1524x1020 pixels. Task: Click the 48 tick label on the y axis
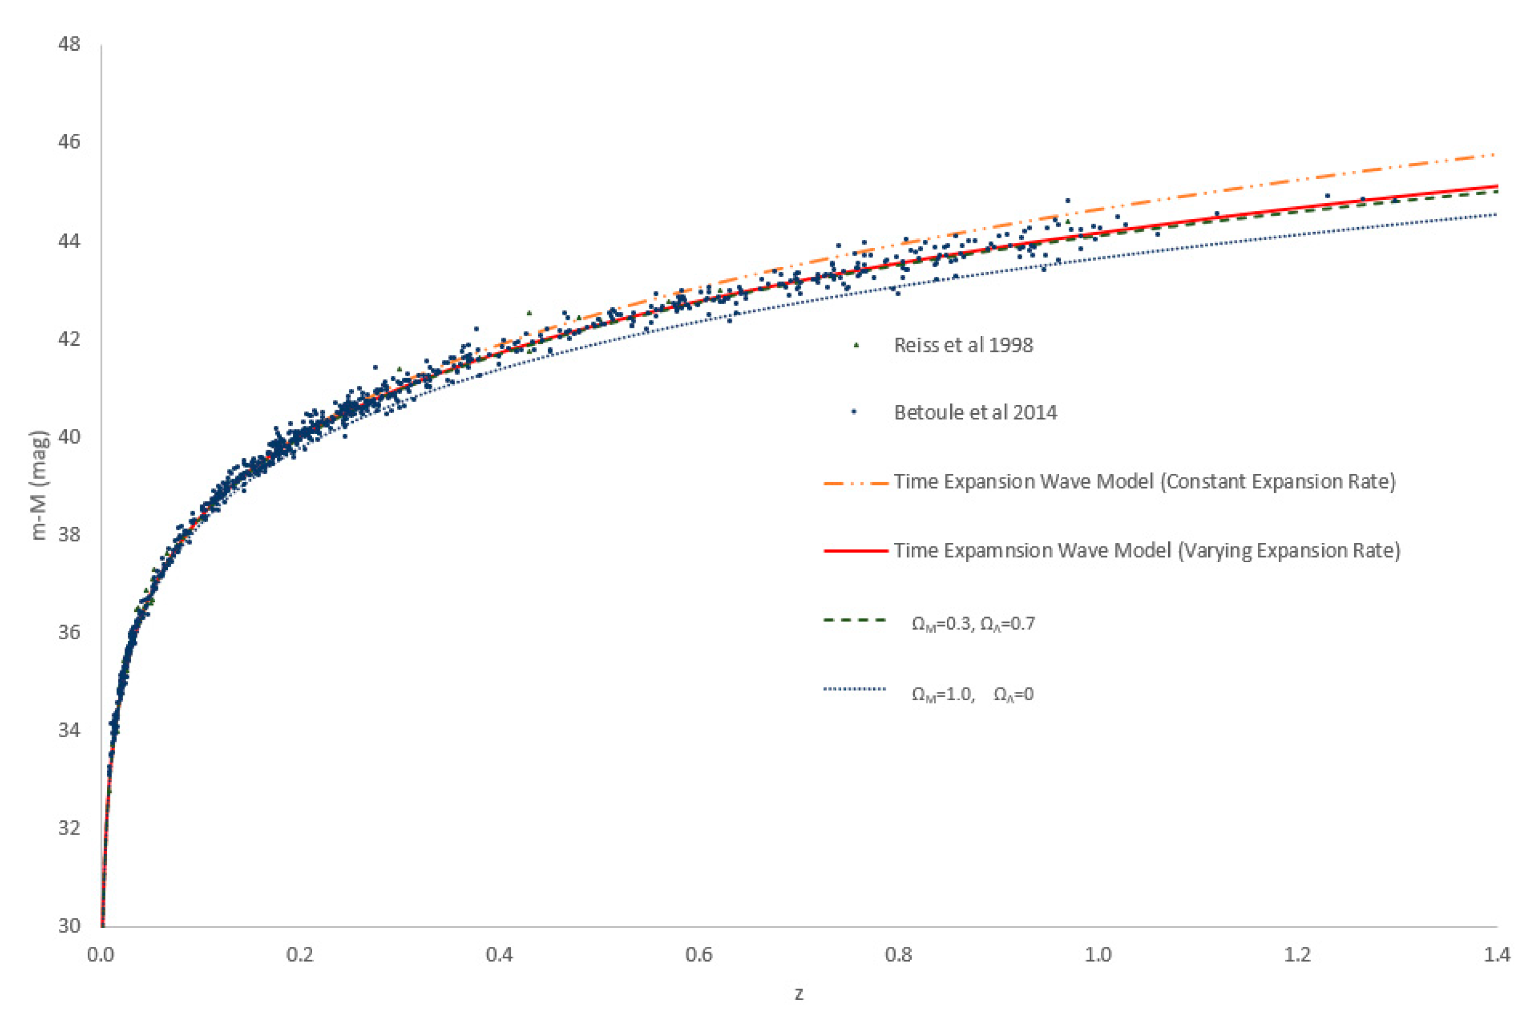[x=69, y=44]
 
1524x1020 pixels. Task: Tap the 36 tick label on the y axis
[x=69, y=632]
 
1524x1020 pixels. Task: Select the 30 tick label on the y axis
[x=69, y=925]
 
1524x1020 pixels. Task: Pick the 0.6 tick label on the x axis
[x=699, y=955]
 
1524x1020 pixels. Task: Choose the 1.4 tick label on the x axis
[x=1497, y=955]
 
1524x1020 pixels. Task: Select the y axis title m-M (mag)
[x=39, y=485]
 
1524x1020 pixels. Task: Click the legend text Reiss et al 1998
[x=963, y=345]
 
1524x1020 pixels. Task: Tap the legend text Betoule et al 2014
[x=975, y=413]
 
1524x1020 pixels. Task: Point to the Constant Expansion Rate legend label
[x=1144, y=482]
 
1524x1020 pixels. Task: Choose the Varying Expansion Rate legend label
[x=1147, y=551]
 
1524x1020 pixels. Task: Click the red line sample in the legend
[x=856, y=551]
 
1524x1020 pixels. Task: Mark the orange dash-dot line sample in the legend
[x=856, y=483]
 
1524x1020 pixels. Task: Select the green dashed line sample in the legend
[x=856, y=621]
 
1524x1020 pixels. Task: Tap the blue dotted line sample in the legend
[x=856, y=689]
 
